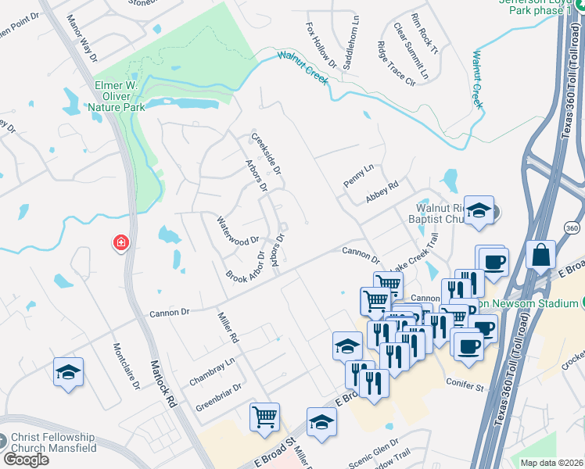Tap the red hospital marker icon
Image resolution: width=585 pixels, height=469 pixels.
[x=120, y=244]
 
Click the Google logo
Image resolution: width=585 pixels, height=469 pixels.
[x=26, y=459]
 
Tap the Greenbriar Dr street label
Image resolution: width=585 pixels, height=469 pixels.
[x=219, y=396]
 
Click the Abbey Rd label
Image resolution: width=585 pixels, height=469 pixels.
[x=382, y=192]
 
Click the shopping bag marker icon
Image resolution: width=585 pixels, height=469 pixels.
[x=540, y=254]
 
